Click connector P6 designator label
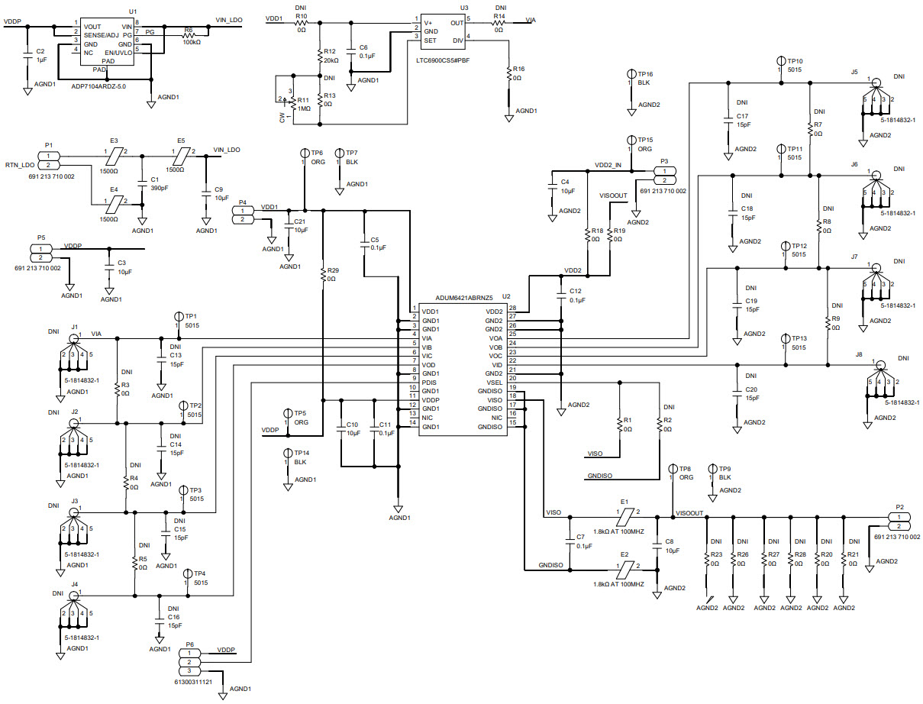coord(191,644)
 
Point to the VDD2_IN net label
coord(608,165)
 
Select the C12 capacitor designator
coord(576,291)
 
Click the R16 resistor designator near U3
coord(518,69)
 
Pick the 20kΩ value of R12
coord(331,60)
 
